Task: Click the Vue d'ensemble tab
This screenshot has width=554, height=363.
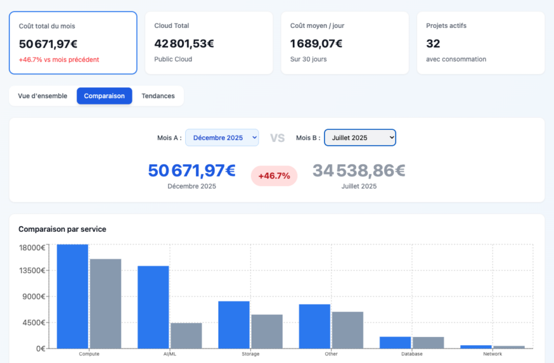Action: tap(43, 96)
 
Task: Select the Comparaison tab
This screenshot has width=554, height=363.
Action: tap(104, 96)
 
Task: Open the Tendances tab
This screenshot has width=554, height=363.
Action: tap(158, 96)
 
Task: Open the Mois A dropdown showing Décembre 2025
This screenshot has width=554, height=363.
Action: tap(222, 138)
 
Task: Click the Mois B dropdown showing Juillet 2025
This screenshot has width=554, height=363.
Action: tap(360, 138)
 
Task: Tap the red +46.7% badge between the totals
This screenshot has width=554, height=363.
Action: tap(274, 176)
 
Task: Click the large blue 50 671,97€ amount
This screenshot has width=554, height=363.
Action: tap(192, 171)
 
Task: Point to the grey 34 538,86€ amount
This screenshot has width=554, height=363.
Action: tap(359, 171)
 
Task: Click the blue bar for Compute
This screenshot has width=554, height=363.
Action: tap(73, 296)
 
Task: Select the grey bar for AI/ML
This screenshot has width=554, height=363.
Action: tap(186, 336)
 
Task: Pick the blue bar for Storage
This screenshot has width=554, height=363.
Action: tap(234, 325)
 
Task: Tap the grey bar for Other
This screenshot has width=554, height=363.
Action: tap(348, 330)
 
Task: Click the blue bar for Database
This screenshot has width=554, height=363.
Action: tap(395, 343)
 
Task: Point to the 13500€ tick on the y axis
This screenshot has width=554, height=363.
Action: tap(32, 270)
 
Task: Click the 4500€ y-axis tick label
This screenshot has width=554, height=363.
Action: tap(34, 322)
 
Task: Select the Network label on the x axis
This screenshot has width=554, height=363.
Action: tap(492, 354)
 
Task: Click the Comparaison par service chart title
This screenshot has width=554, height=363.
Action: tap(62, 229)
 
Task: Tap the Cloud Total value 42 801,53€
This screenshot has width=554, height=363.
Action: tap(184, 44)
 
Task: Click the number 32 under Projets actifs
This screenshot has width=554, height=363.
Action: tap(433, 44)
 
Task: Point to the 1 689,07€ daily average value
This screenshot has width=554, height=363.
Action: tap(316, 44)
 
